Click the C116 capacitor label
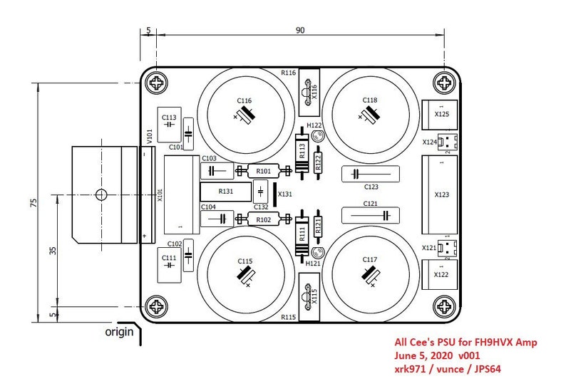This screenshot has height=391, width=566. pyautogui.click(x=245, y=100)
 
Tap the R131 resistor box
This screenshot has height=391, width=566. pyautogui.click(x=225, y=192)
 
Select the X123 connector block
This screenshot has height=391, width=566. pyautogui.click(x=440, y=194)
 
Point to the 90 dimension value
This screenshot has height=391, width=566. pyautogui.click(x=300, y=30)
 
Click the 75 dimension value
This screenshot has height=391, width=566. pyautogui.click(x=34, y=203)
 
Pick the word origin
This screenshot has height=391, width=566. pyautogui.click(x=119, y=331)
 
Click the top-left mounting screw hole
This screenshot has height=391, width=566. pyautogui.click(x=156, y=83)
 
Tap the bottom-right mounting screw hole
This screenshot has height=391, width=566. pyautogui.click(x=444, y=307)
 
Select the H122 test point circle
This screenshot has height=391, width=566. pyautogui.click(x=317, y=136)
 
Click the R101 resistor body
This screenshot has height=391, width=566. pyautogui.click(x=263, y=171)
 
